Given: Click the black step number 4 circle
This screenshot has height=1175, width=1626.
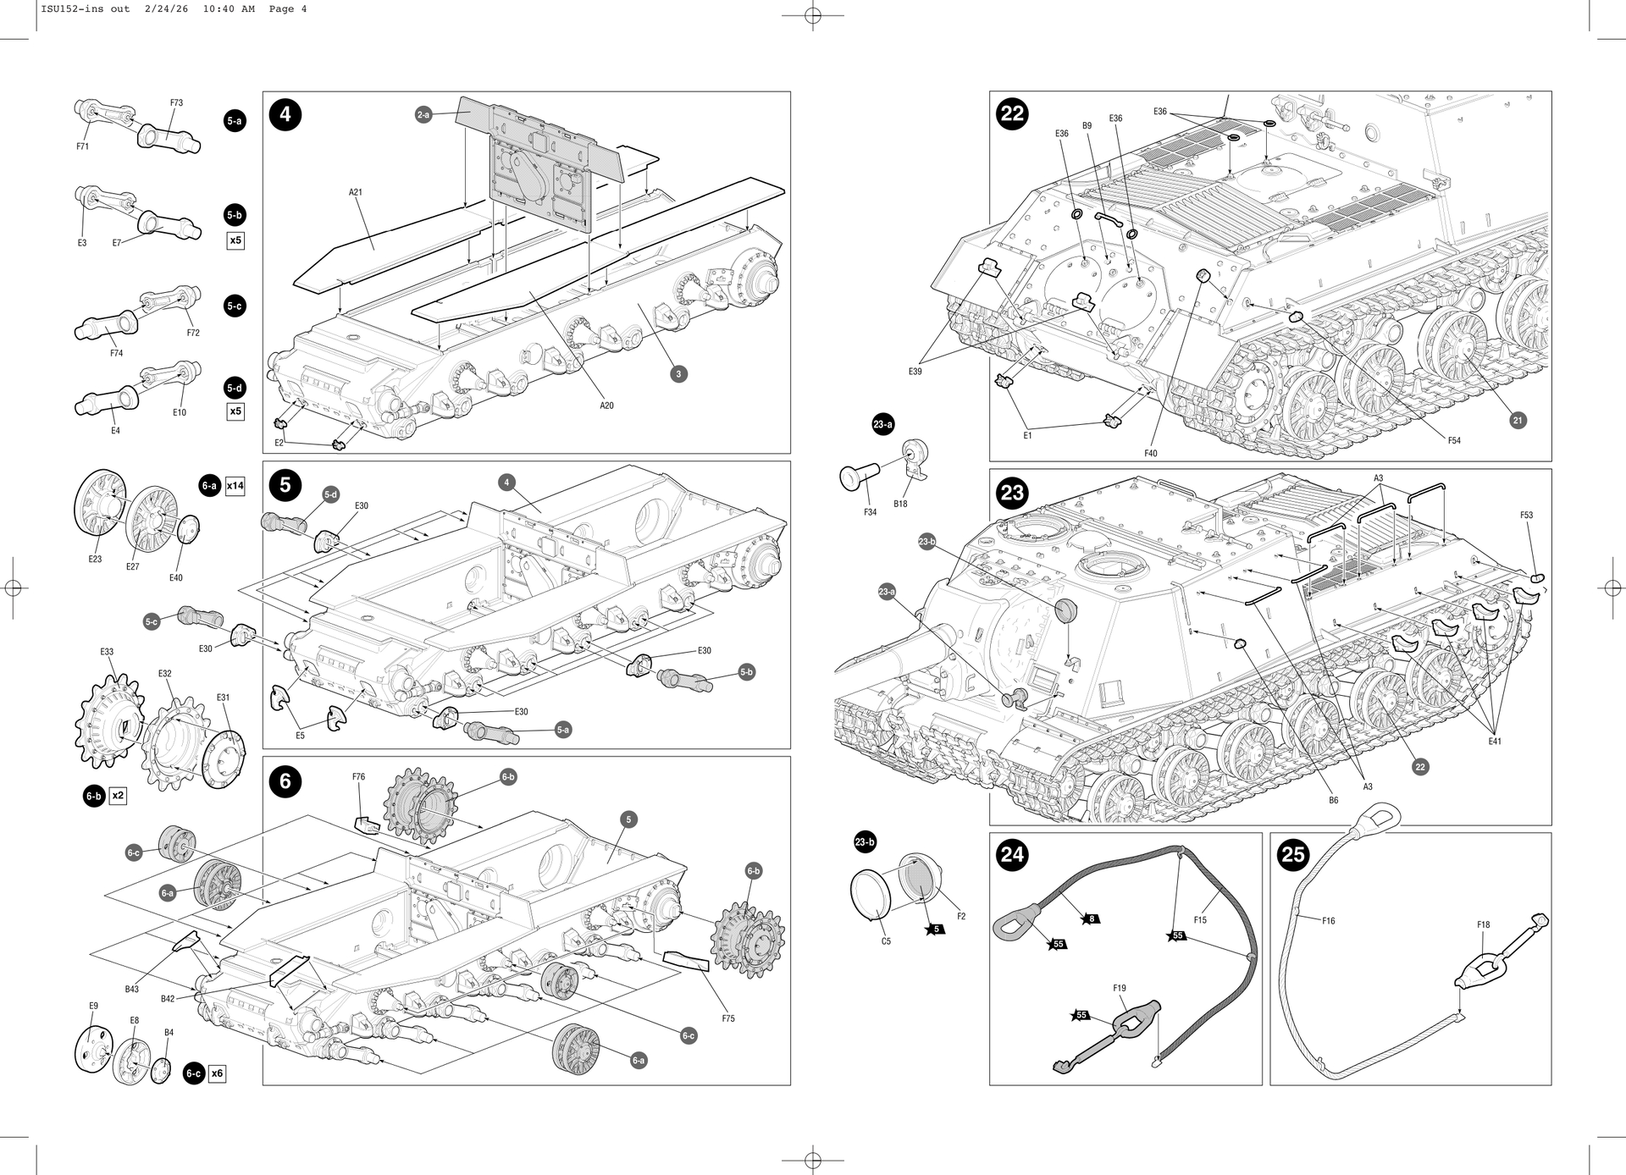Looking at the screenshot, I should [285, 114].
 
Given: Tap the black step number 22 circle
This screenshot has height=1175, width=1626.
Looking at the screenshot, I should [1012, 113].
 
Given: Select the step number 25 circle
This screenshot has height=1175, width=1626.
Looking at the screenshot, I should [1293, 855].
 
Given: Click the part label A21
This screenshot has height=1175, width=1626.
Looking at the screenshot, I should [356, 192].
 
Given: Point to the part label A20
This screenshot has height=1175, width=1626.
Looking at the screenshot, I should [606, 405].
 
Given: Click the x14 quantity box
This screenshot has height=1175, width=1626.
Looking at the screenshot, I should [235, 486].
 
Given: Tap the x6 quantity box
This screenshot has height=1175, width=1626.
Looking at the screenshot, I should [218, 1073].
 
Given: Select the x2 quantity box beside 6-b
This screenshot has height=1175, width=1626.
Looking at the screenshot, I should [118, 796].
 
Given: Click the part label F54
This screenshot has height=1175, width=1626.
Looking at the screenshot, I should [1453, 440].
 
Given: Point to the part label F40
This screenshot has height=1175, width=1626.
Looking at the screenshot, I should [1150, 453].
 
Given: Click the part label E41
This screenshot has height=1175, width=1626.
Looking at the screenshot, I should [1495, 742].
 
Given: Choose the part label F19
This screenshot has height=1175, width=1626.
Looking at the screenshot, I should [1120, 988].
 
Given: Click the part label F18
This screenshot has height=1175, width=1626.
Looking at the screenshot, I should [1483, 925].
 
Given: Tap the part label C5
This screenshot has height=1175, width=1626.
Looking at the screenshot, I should [886, 941].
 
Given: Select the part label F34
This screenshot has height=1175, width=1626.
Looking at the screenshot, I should [870, 512].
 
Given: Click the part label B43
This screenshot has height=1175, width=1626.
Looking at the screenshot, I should [132, 989].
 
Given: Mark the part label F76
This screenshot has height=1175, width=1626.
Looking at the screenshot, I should [358, 776].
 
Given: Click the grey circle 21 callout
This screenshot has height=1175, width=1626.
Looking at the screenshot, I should [1517, 420].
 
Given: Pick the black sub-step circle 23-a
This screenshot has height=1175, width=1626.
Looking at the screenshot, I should [883, 425].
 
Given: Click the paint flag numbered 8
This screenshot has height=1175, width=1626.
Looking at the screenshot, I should [1092, 918].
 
